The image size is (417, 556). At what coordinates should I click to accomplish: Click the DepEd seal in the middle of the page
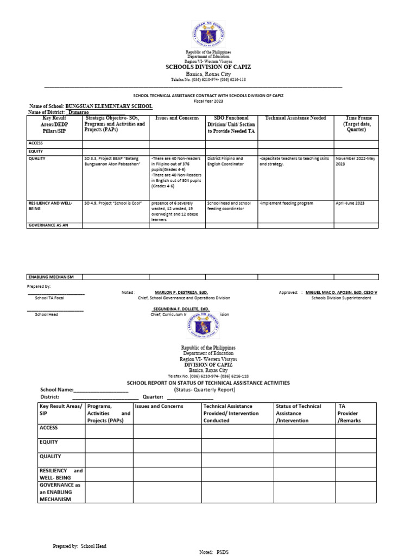(208, 326)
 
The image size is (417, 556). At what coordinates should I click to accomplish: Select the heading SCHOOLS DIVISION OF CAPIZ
(208, 66)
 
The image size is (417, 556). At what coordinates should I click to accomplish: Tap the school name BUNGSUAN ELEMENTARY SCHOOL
(109, 106)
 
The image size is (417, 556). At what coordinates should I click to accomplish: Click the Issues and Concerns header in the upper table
(177, 118)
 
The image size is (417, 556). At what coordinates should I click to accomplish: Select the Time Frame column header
(359, 124)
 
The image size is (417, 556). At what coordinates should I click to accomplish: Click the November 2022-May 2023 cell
(355, 161)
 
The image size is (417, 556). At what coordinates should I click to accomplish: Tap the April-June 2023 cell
(350, 203)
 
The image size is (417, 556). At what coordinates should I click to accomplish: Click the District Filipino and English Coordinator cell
(225, 161)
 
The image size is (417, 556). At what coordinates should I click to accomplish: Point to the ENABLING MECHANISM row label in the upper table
(50, 277)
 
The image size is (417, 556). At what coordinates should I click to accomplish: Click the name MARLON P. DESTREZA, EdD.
(181, 292)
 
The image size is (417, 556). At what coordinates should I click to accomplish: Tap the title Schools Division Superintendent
(341, 298)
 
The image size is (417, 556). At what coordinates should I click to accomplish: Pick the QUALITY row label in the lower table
(50, 457)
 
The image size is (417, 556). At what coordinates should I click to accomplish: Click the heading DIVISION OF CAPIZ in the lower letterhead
(208, 365)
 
